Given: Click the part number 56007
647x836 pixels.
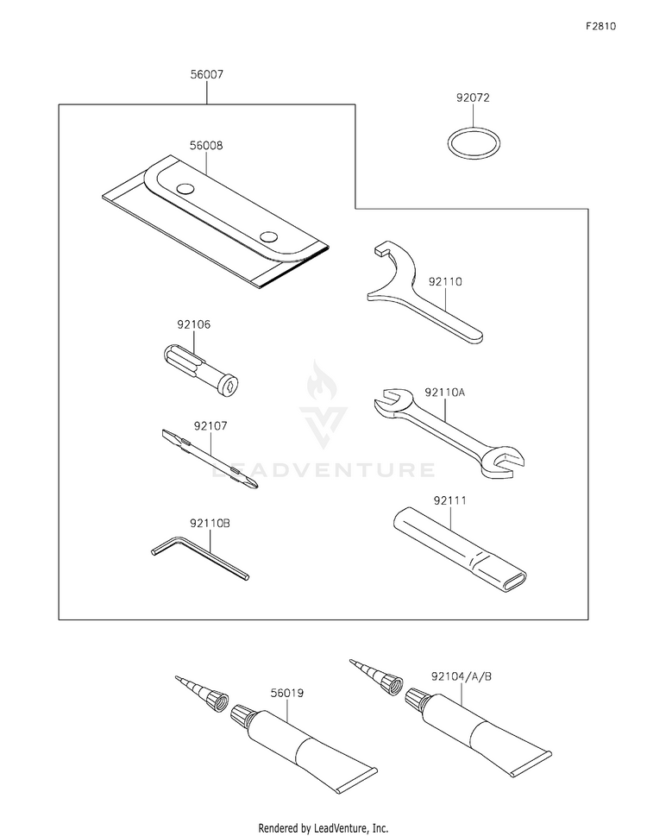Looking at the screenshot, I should tap(207, 75).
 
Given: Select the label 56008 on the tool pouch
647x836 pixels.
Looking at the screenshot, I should tap(207, 147).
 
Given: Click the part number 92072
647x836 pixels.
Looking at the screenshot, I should tap(473, 98).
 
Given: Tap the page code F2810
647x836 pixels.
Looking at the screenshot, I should tap(600, 27).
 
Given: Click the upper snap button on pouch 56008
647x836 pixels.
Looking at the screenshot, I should tap(184, 189).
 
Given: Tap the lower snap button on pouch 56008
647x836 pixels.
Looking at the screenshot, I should tap(268, 236).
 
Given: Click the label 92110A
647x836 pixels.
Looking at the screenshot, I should tap(444, 393).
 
